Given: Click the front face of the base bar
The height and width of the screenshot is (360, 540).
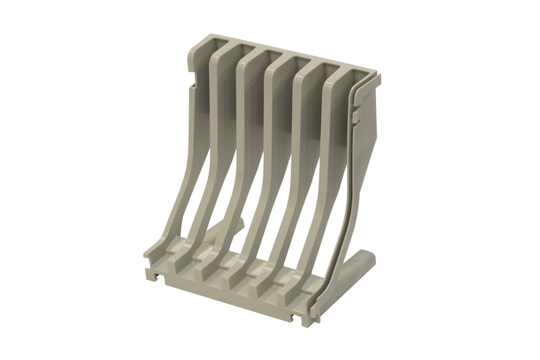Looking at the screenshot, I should click(x=235, y=299).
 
